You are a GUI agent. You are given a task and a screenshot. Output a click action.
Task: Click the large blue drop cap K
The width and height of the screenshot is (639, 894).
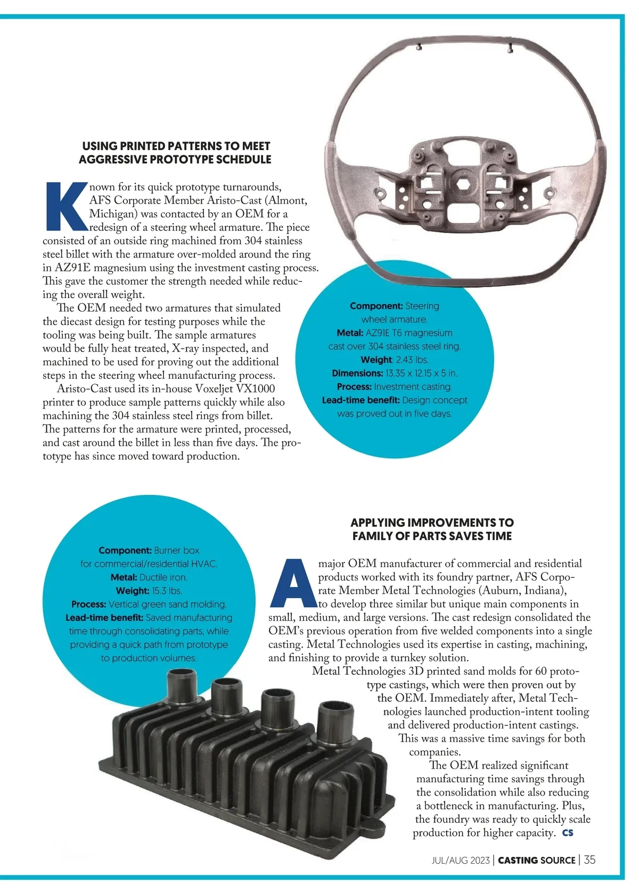point(66,206)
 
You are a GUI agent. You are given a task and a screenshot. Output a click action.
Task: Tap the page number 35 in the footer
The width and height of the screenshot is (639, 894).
point(589,859)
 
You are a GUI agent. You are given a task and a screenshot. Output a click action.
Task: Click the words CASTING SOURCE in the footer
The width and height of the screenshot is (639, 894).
point(536,860)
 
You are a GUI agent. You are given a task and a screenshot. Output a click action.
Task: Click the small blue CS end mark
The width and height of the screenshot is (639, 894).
point(568,833)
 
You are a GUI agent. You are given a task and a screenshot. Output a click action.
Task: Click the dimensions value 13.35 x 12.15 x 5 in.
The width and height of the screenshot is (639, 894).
point(421,373)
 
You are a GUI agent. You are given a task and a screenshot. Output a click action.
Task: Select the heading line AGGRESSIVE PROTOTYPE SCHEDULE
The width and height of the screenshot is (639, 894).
point(175,159)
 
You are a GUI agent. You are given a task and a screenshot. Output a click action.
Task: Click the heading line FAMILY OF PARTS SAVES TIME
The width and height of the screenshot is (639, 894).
point(432,536)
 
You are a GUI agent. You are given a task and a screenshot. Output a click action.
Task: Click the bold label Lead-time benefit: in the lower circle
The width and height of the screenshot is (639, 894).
point(104,618)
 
